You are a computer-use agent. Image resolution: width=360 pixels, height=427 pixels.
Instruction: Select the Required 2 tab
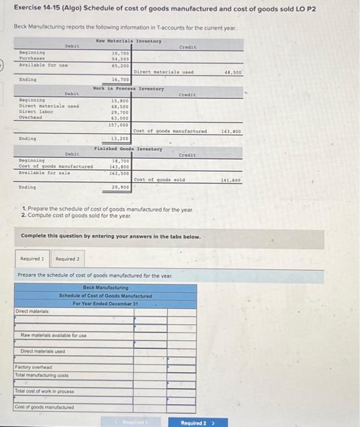click(67, 259)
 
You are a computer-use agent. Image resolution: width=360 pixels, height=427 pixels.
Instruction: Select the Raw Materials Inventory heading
click(129, 41)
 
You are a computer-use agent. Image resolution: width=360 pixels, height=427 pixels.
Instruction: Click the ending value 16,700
click(120, 79)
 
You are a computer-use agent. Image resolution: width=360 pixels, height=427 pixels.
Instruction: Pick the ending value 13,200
click(120, 138)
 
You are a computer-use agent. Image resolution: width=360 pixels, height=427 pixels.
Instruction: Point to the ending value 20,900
click(120, 187)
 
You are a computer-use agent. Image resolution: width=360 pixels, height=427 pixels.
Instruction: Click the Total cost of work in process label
click(45, 391)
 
